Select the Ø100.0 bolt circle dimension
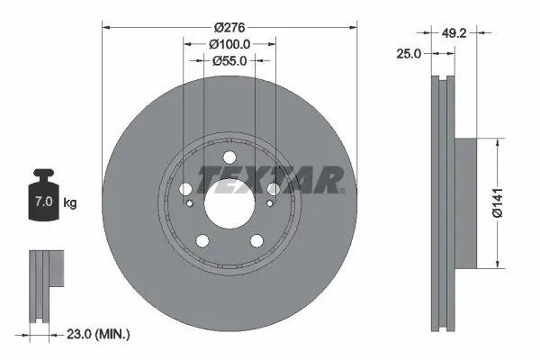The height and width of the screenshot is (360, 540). tap(229, 44)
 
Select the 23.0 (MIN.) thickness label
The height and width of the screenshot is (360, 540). tap(99, 334)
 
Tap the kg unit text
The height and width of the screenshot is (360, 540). tap(70, 202)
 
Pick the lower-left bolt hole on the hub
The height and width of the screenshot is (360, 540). tap(202, 239)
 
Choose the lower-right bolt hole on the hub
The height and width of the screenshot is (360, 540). tap(256, 239)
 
